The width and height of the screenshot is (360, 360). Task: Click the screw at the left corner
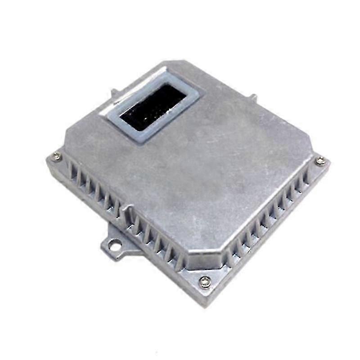point(57,156)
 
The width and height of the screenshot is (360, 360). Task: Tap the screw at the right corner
point(320,160)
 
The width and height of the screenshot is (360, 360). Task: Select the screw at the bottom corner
point(205,282)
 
